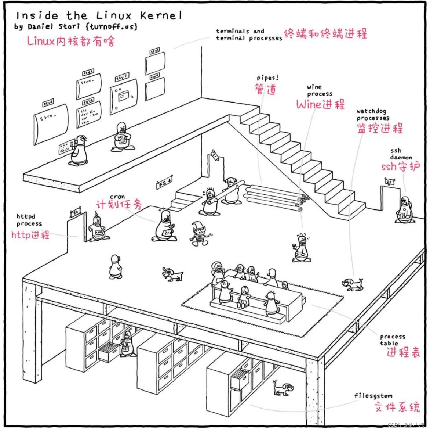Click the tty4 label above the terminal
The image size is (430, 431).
[x=48, y=104]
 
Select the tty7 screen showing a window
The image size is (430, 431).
[x=124, y=96]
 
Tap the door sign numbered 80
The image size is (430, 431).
[x=76, y=212]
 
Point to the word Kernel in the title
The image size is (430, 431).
[x=160, y=16]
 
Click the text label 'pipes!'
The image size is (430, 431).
[x=267, y=78]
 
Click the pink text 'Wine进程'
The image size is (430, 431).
[x=320, y=104]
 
